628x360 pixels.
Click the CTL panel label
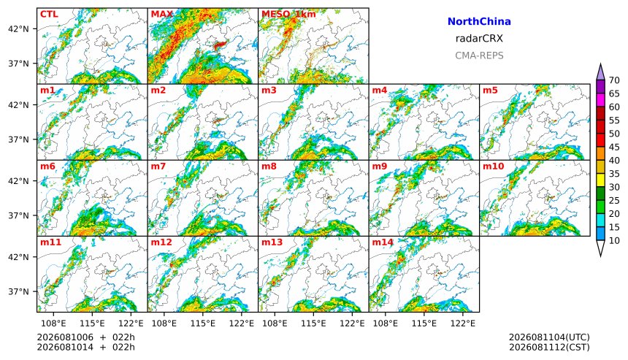click(x=49, y=14)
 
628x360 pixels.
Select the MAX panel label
click(x=162, y=14)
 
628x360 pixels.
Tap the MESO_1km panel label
click(x=288, y=14)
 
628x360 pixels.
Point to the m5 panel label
click(x=490, y=90)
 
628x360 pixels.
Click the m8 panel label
click(x=269, y=166)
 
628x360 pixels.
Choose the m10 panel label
click(x=493, y=166)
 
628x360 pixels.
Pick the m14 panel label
click(x=383, y=242)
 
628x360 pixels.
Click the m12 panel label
click(x=161, y=242)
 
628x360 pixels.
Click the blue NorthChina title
click(x=479, y=22)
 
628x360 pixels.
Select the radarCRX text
click(x=479, y=39)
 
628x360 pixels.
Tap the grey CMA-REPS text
click(x=479, y=55)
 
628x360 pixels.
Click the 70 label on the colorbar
click(x=614, y=80)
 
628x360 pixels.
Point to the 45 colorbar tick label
click(x=614, y=147)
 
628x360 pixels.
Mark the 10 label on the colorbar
click(x=614, y=240)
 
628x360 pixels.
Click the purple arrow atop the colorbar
click(x=600, y=72)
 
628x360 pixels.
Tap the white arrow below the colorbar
click(x=600, y=248)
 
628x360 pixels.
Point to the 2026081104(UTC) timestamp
click(x=549, y=337)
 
